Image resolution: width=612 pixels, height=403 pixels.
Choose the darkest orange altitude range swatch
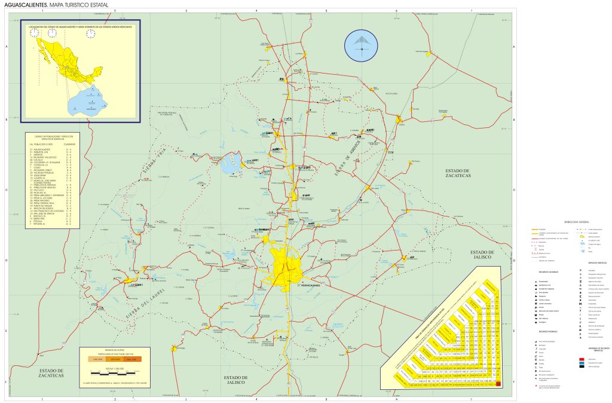click(133, 359)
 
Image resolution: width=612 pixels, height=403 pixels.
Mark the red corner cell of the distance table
click(498, 385)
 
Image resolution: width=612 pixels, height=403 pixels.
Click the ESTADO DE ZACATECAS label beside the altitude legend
click(45, 374)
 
